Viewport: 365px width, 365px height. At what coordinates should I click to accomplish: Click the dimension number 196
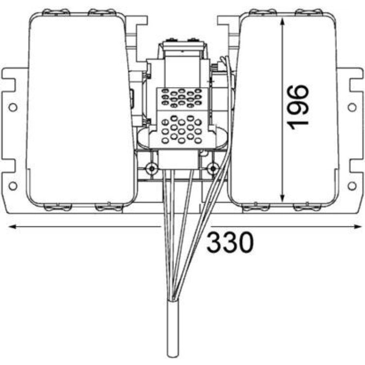(x=298, y=107)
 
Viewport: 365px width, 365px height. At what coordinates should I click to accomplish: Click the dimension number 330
(x=230, y=242)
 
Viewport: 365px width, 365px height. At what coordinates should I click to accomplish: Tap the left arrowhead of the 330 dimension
(x=12, y=227)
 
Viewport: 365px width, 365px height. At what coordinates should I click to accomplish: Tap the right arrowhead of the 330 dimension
(x=357, y=227)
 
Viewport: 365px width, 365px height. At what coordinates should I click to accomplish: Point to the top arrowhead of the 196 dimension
(x=282, y=23)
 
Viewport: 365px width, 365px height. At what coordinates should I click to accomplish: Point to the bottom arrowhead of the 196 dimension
(x=282, y=198)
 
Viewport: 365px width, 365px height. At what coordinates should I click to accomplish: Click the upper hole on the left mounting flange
(x=13, y=107)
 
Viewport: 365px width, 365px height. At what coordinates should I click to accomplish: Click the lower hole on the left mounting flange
(x=13, y=186)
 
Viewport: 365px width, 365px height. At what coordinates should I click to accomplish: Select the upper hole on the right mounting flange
(x=352, y=107)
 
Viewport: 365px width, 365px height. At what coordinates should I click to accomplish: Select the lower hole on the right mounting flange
(x=352, y=186)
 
